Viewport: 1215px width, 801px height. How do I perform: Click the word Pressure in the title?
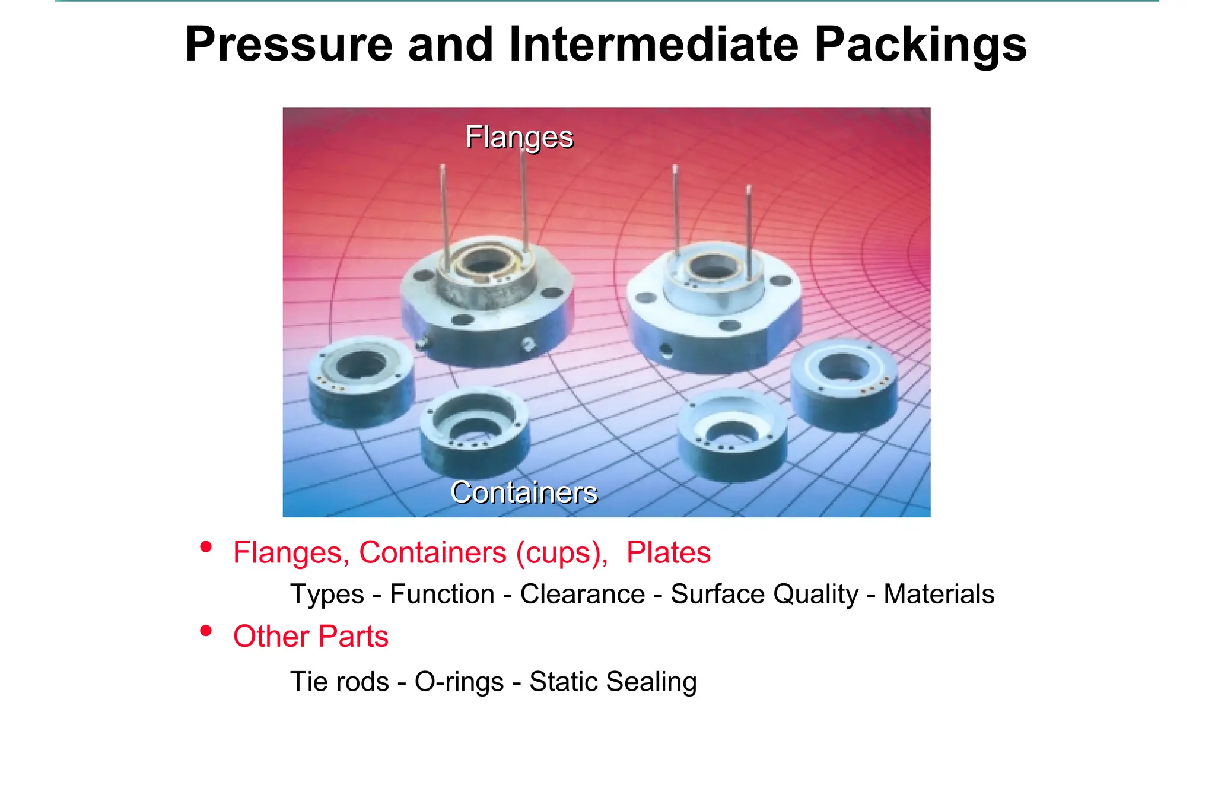289,44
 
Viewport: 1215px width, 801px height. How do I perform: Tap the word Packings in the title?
920,44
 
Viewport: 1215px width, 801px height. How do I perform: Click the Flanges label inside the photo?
519,137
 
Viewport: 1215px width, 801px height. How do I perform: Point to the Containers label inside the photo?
524,492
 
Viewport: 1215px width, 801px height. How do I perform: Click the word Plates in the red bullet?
669,552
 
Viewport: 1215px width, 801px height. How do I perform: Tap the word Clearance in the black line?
582,594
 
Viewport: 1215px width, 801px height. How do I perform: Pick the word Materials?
939,594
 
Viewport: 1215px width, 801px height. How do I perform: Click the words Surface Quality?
764,594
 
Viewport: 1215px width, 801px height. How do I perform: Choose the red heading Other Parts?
311,637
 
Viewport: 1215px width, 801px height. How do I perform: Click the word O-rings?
459,681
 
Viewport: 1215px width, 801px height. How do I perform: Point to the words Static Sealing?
613,681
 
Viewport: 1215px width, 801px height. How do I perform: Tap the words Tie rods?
339,681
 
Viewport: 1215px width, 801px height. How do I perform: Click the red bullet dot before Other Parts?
206,631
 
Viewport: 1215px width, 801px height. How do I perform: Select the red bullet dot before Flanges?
206,546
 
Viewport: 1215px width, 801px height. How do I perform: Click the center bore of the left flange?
486,262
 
